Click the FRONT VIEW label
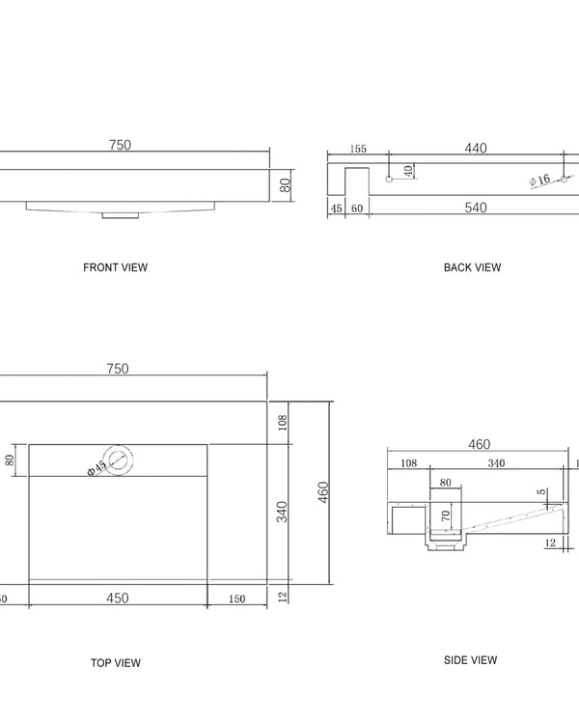tap(115, 267)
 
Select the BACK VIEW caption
tap(472, 267)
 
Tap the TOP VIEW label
tap(115, 662)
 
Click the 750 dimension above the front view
tap(120, 145)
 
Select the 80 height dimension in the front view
tap(286, 184)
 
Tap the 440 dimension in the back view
tap(475, 148)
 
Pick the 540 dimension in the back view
tap(475, 208)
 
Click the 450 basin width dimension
tap(117, 598)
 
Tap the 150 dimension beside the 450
tap(236, 599)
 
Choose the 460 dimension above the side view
tap(479, 444)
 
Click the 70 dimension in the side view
tap(446, 516)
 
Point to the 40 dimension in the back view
tap(408, 170)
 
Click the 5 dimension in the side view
tap(542, 491)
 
